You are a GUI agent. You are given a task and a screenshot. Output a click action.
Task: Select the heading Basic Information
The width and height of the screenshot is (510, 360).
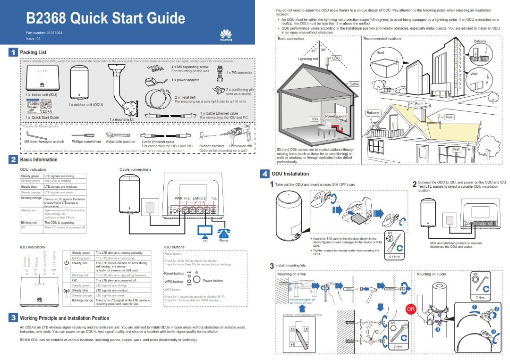point(39,159)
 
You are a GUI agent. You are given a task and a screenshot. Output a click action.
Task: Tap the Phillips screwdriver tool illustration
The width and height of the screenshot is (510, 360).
point(86,135)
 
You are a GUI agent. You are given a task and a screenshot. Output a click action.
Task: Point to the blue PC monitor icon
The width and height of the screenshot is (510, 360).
point(205,231)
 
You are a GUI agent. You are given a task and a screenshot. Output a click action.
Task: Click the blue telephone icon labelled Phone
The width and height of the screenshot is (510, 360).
point(223,230)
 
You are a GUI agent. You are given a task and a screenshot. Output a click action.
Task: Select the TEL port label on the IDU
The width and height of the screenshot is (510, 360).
point(214,199)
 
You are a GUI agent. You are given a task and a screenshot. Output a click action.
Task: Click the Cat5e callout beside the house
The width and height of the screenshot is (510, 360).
point(354,84)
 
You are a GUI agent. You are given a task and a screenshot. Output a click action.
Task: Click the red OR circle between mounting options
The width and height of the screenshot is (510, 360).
point(411,309)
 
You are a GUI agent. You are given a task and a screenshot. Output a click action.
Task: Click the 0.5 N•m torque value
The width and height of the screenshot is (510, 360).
point(395,257)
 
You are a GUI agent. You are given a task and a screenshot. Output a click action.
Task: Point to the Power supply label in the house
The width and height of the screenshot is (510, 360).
point(335,116)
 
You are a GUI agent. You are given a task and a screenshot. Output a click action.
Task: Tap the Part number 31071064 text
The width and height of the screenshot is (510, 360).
point(44,33)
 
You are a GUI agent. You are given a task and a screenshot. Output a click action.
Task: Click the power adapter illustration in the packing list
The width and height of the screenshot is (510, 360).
point(154,82)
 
